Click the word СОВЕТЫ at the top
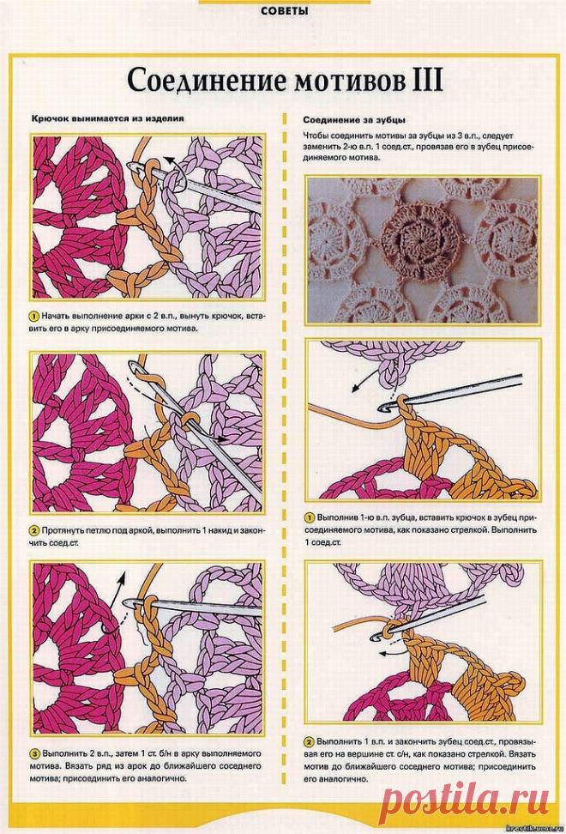[285, 10]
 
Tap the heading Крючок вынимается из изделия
[107, 118]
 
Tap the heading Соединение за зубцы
[354, 120]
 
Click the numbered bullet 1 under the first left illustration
[34, 316]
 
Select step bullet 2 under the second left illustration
[34, 531]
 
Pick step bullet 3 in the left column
[34, 753]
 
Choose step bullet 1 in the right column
[309, 517]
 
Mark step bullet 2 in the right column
[309, 741]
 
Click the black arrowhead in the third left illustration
[125, 576]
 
